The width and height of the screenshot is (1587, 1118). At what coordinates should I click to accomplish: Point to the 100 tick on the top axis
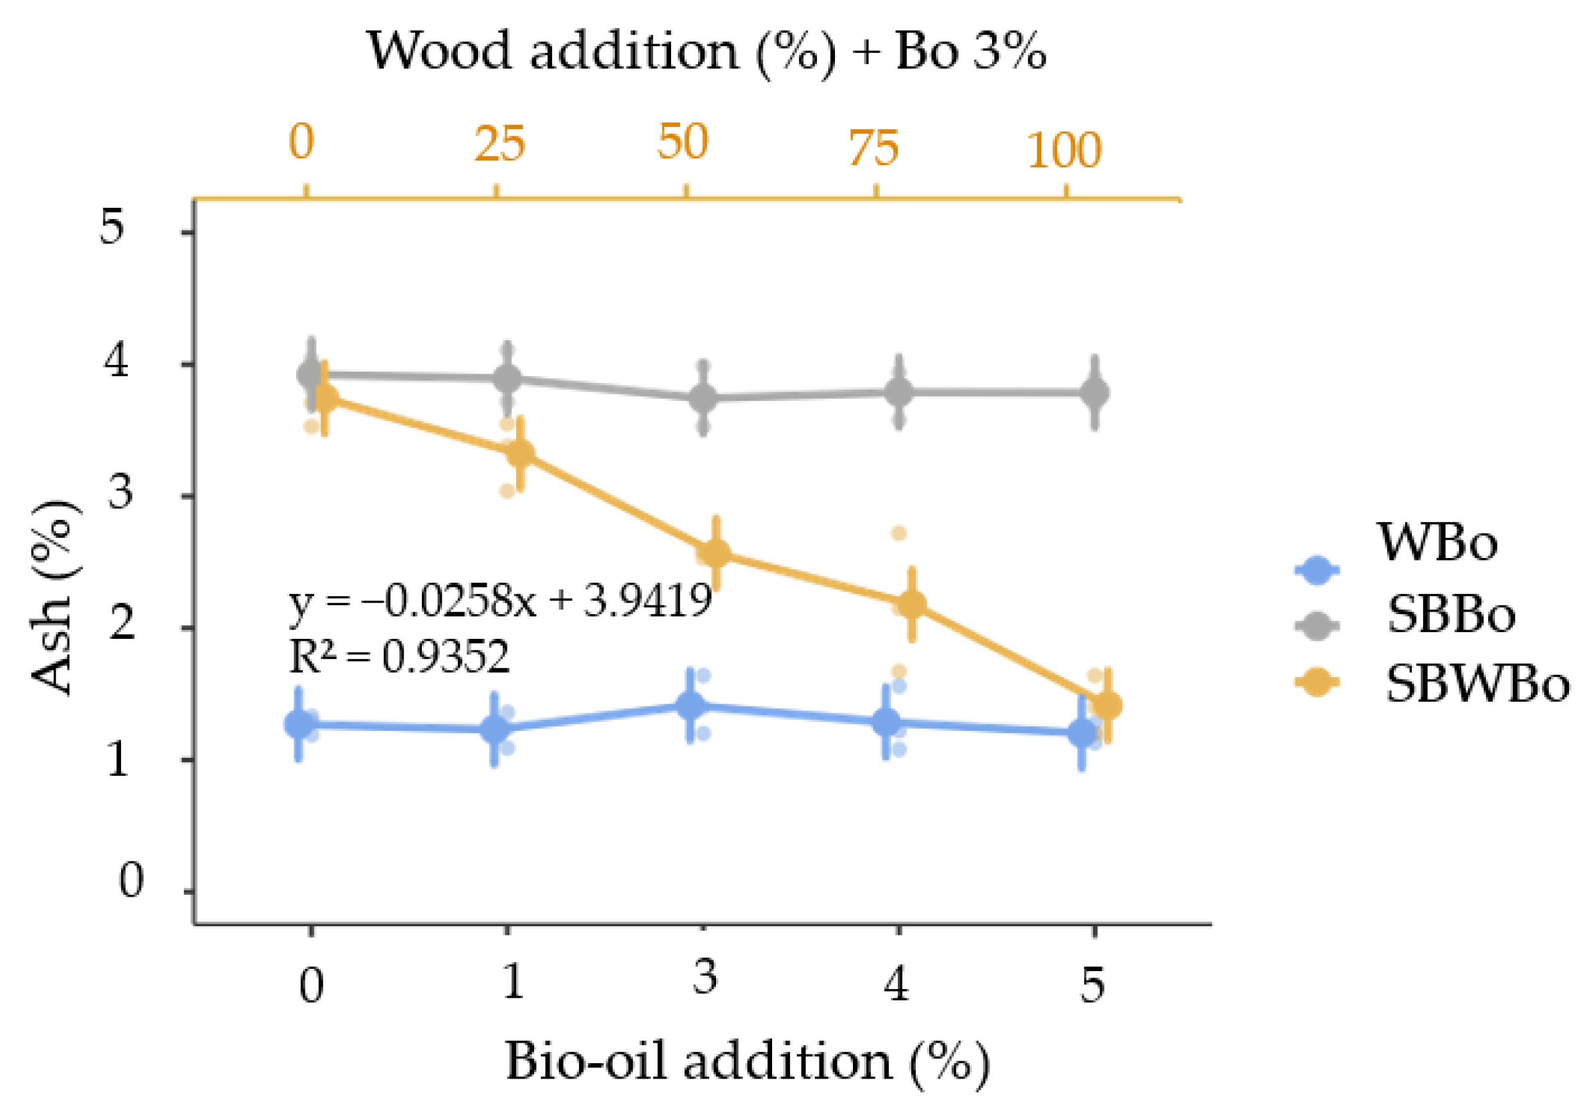point(1063,150)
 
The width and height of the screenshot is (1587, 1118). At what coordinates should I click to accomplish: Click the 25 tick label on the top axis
point(499,144)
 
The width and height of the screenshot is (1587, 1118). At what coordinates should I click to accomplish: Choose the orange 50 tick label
point(683,142)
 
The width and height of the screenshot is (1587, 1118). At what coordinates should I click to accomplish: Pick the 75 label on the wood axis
point(874,148)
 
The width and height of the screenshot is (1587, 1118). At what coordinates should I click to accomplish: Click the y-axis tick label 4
point(116,361)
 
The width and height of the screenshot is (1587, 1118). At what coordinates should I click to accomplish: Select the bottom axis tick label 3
point(705,978)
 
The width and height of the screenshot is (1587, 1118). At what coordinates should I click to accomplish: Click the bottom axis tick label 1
point(512,980)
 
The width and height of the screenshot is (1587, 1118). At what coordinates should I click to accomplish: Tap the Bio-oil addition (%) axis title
point(747,1062)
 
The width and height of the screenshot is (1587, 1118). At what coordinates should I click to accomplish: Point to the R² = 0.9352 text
point(399,656)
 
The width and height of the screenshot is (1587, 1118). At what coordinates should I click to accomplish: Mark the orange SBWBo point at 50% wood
point(715,553)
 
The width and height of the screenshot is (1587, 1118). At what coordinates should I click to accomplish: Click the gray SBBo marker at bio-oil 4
point(898,392)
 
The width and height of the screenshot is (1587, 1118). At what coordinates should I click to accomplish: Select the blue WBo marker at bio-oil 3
point(691,706)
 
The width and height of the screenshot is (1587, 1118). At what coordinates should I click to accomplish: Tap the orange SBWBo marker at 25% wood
point(520,453)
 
